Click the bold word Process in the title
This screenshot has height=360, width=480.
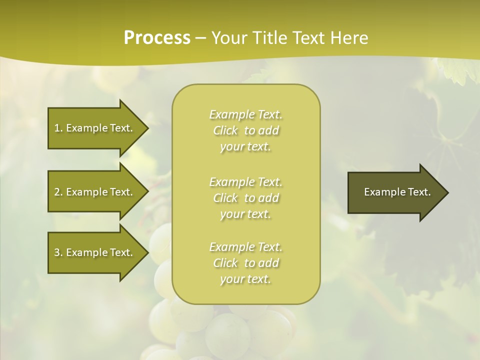click(x=157, y=38)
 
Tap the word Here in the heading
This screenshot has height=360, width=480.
click(x=349, y=38)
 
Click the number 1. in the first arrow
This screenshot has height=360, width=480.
click(x=58, y=128)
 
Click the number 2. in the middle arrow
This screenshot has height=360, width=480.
click(x=58, y=192)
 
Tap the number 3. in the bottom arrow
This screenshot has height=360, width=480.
click(x=58, y=252)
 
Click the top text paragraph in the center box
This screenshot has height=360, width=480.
click(x=245, y=130)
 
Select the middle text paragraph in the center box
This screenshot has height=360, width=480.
click(x=245, y=198)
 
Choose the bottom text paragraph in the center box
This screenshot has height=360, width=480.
click(x=245, y=263)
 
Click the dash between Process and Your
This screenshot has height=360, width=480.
click(x=200, y=38)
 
